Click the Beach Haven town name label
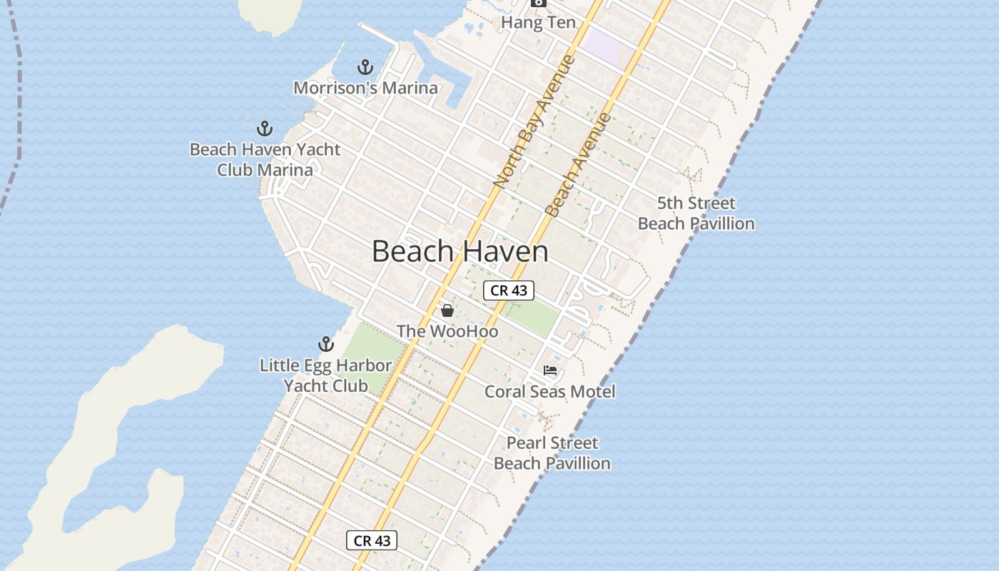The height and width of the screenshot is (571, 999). coord(460,251)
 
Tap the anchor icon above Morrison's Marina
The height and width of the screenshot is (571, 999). coord(365,68)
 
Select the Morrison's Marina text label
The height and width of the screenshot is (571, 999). coord(365,88)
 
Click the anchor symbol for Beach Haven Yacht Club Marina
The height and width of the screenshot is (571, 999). coord(265,129)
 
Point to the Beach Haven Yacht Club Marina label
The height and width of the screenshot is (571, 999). coord(265,160)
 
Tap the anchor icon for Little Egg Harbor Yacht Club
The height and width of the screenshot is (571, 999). coord(326,345)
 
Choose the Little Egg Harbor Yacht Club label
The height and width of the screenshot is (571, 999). coord(325,375)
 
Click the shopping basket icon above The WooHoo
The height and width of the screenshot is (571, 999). coord(447,310)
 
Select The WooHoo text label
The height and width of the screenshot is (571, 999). coord(447,331)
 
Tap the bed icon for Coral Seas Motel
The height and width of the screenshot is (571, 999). coord(549,370)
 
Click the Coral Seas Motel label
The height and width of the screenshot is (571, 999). coord(549,391)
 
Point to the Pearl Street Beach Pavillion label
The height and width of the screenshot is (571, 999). coord(552,453)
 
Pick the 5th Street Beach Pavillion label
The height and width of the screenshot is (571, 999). coord(696,213)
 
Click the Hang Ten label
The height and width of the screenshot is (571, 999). coord(538,22)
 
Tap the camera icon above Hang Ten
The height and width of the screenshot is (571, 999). coord(538,4)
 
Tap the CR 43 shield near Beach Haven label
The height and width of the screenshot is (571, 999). coord(509,290)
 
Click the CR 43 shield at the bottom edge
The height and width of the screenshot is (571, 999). coord(372,540)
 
